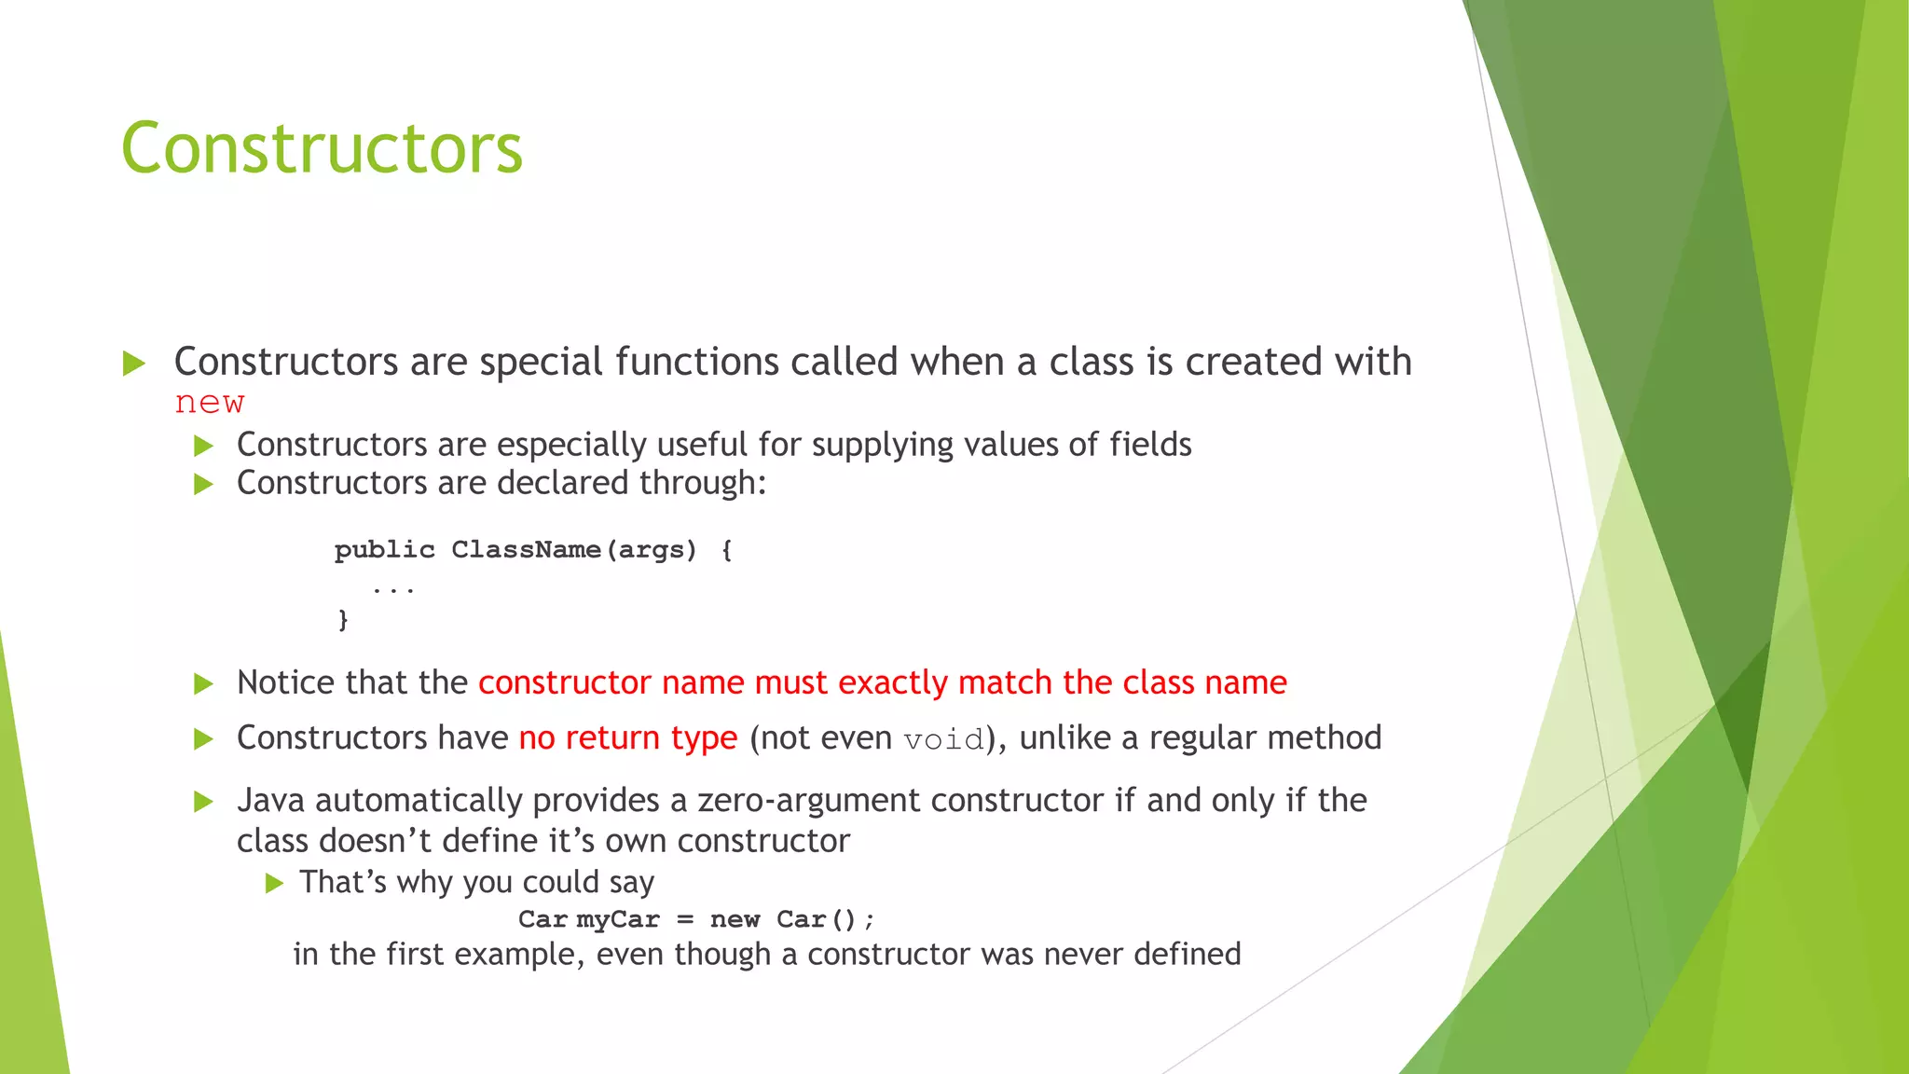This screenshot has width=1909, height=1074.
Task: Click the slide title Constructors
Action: [322, 149]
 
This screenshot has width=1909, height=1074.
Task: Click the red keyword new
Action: [210, 403]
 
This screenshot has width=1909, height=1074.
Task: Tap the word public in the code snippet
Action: [384, 550]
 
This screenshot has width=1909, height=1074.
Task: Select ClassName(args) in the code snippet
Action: [573, 550]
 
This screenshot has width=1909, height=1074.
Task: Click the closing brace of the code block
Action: [343, 620]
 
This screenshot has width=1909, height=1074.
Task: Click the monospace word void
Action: [943, 739]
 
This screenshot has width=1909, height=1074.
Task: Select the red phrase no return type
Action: [627, 738]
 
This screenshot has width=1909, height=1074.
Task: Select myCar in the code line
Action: [617, 920]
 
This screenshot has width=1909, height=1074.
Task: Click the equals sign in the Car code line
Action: [685, 920]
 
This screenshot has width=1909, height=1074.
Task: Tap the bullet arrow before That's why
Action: [274, 883]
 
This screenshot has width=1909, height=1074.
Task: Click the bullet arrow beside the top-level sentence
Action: [134, 364]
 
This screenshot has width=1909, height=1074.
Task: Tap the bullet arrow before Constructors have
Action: [203, 740]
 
